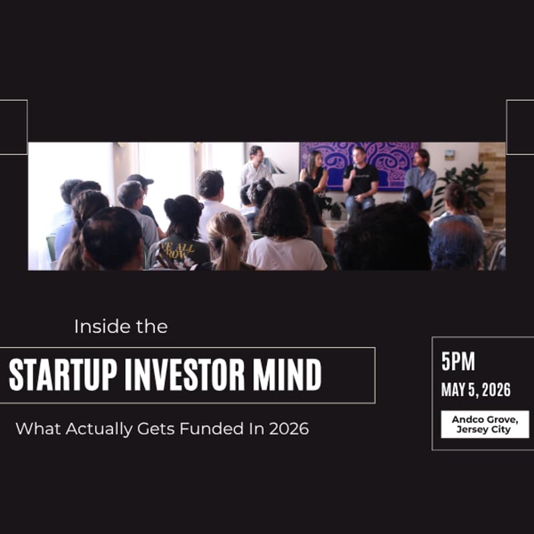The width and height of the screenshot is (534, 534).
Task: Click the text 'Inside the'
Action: [121, 327]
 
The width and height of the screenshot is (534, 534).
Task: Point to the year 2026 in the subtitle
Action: [289, 429]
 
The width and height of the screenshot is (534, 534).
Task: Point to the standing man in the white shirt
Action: [256, 167]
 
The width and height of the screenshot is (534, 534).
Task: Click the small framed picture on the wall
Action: [450, 155]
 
